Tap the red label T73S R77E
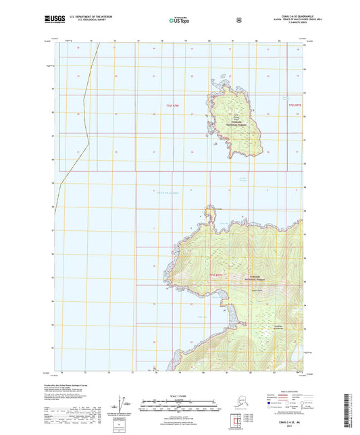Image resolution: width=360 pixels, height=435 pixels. [216, 275]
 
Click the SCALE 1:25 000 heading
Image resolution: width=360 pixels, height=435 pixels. [179, 396]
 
